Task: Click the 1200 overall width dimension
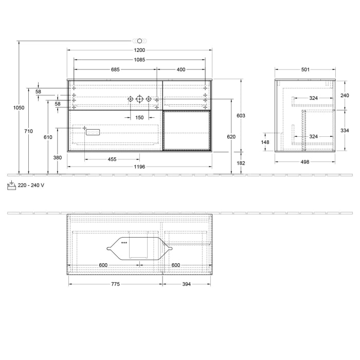click(x=139, y=50)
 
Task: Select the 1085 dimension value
click(x=139, y=60)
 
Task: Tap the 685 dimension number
click(x=115, y=69)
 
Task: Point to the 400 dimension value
click(x=181, y=69)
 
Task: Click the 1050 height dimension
click(x=19, y=108)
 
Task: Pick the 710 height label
click(x=28, y=131)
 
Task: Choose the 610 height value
click(x=48, y=137)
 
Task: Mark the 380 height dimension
click(x=58, y=157)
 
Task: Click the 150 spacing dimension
click(x=139, y=118)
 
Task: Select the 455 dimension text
click(x=112, y=159)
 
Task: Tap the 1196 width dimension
click(x=139, y=167)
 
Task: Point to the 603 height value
click(x=241, y=116)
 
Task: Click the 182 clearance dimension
click(x=241, y=163)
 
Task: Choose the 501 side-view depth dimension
click(x=305, y=69)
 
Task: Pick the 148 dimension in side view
click(x=265, y=142)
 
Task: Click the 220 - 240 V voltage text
click(x=30, y=186)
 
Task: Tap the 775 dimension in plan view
click(x=115, y=284)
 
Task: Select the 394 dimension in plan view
click(x=186, y=284)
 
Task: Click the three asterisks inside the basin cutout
click(x=124, y=242)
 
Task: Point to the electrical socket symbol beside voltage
click(x=11, y=186)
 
